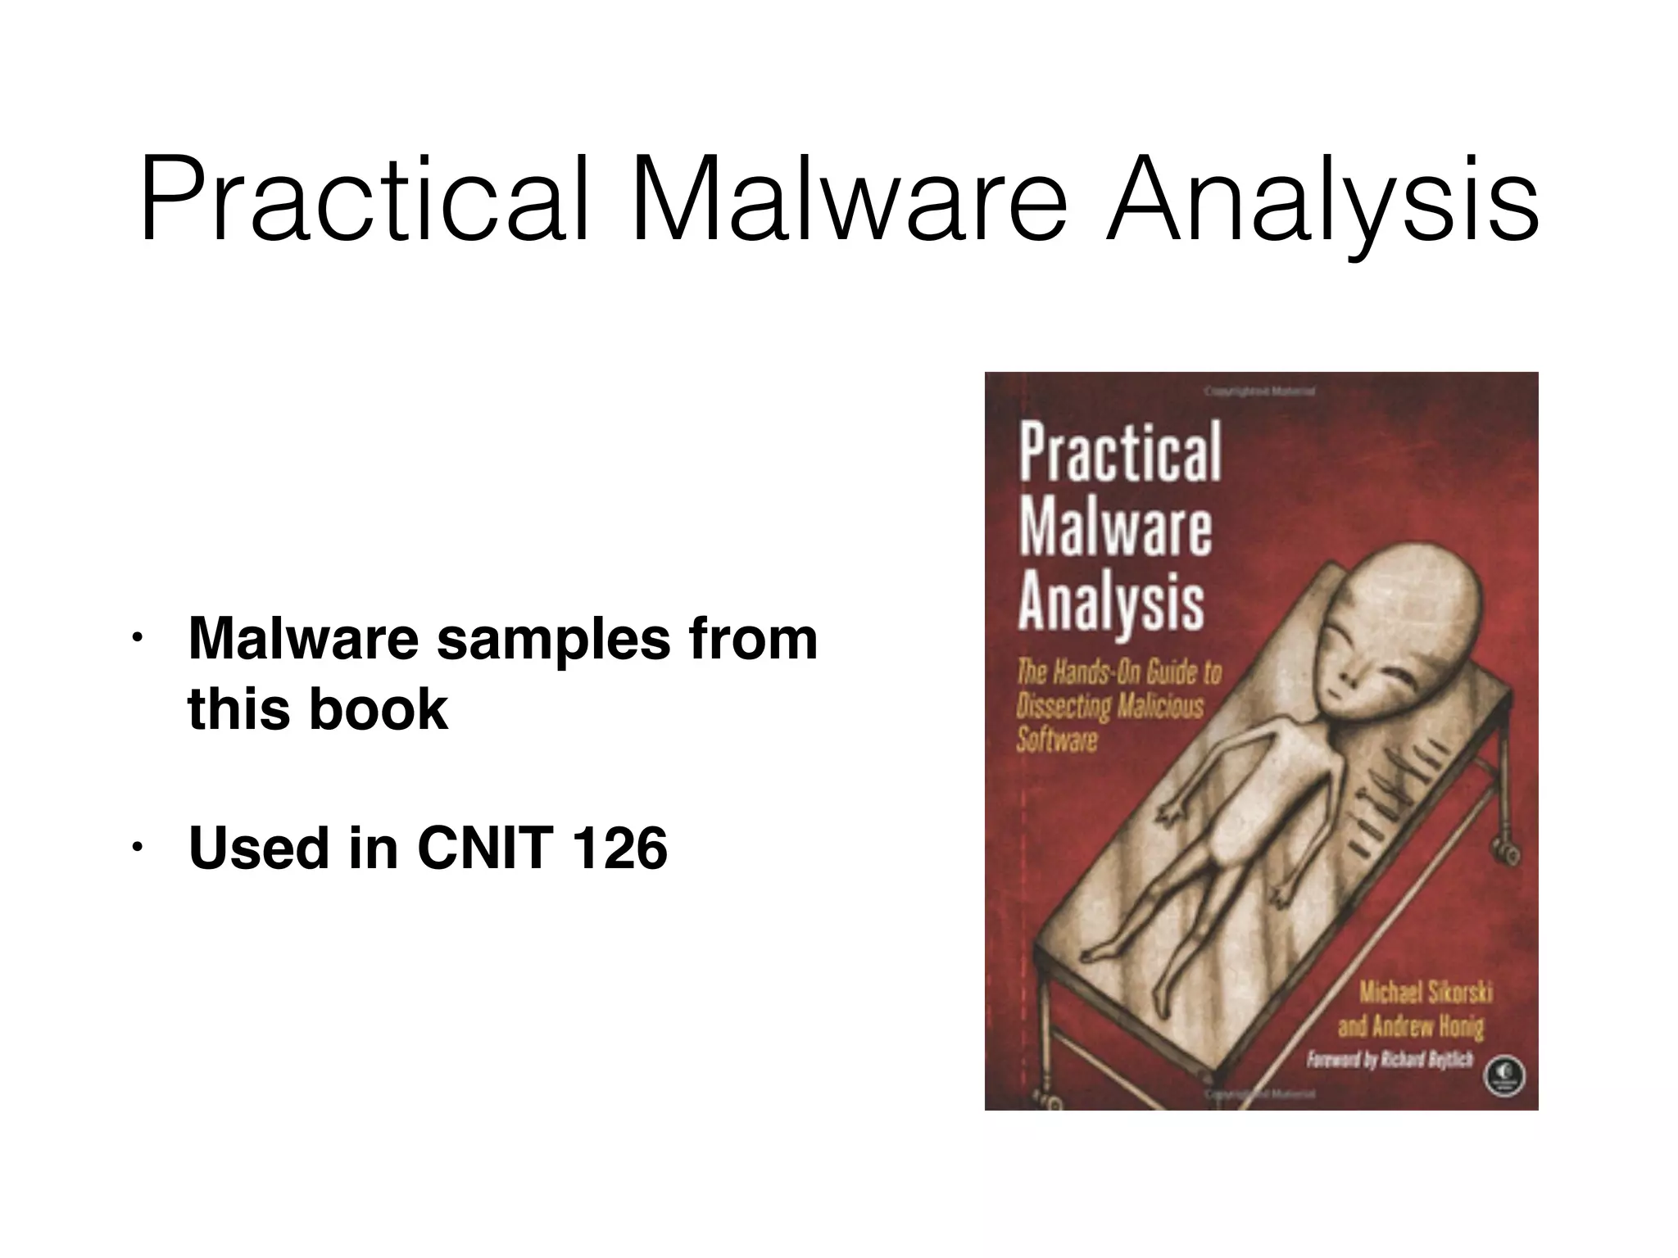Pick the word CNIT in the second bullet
(x=483, y=848)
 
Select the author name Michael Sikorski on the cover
(x=1426, y=993)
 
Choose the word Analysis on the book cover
(x=1111, y=604)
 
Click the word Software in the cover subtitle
(x=1056, y=740)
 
